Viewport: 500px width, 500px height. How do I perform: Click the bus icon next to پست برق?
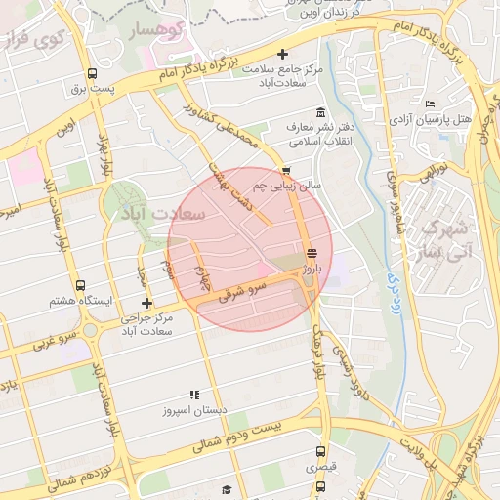pyautogui.click(x=92, y=73)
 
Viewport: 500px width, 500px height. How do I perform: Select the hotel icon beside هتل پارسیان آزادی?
pyautogui.click(x=431, y=104)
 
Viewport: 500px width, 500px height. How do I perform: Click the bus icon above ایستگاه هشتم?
pyautogui.click(x=80, y=286)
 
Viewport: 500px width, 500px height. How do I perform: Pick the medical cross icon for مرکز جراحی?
pyautogui.click(x=147, y=303)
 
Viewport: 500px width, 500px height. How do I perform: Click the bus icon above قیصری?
pyautogui.click(x=320, y=451)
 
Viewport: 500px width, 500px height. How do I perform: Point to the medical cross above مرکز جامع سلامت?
pyautogui.click(x=283, y=54)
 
